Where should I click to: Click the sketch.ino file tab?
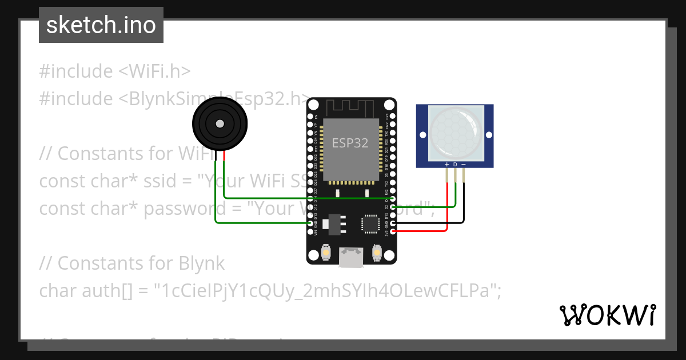tap(101, 25)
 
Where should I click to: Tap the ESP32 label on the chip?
tap(350, 143)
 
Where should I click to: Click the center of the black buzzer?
tap(220, 124)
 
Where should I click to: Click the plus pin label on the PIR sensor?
tap(446, 165)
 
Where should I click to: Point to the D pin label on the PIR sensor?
tap(455, 165)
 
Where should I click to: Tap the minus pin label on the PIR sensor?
tap(464, 165)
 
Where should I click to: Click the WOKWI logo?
tap(607, 315)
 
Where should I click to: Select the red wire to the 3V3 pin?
tap(423, 231)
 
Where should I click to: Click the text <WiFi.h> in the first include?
tap(154, 71)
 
